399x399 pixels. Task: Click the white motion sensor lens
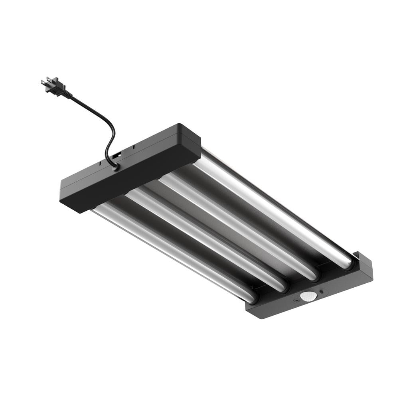pyautogui.click(x=308, y=296)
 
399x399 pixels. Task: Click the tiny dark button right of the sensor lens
pyautogui.click(x=321, y=292)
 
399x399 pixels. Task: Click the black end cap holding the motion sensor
pyautogui.click(x=311, y=295)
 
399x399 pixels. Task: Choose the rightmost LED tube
pyautogui.click(x=275, y=207)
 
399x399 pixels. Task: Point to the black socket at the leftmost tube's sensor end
pyautogui.click(x=253, y=297)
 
